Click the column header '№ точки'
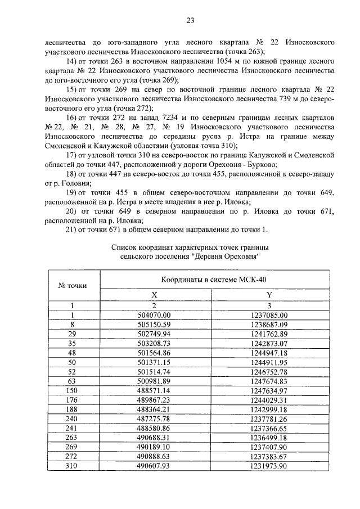coord(73,285)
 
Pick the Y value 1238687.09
coord(269,325)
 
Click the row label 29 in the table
coord(72,334)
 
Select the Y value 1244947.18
coord(269,352)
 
